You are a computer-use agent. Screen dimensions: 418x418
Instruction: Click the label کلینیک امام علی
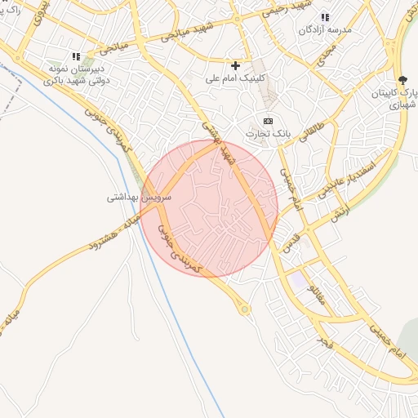coord(235,80)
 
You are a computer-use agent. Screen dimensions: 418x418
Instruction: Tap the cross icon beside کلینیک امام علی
coord(236,65)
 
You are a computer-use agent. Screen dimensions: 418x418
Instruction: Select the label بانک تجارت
coord(269,133)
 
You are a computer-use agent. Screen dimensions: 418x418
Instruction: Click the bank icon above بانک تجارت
coord(269,120)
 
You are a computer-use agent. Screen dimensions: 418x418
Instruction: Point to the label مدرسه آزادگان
coord(326,31)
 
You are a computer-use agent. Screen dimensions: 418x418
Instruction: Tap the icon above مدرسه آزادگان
coord(325,17)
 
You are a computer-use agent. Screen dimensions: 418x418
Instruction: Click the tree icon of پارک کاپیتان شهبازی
coord(402,79)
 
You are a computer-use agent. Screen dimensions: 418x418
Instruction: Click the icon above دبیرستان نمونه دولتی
coord(77,56)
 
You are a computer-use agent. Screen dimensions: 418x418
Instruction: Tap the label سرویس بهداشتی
coord(140,198)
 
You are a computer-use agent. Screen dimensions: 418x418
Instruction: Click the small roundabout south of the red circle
coord(245,309)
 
